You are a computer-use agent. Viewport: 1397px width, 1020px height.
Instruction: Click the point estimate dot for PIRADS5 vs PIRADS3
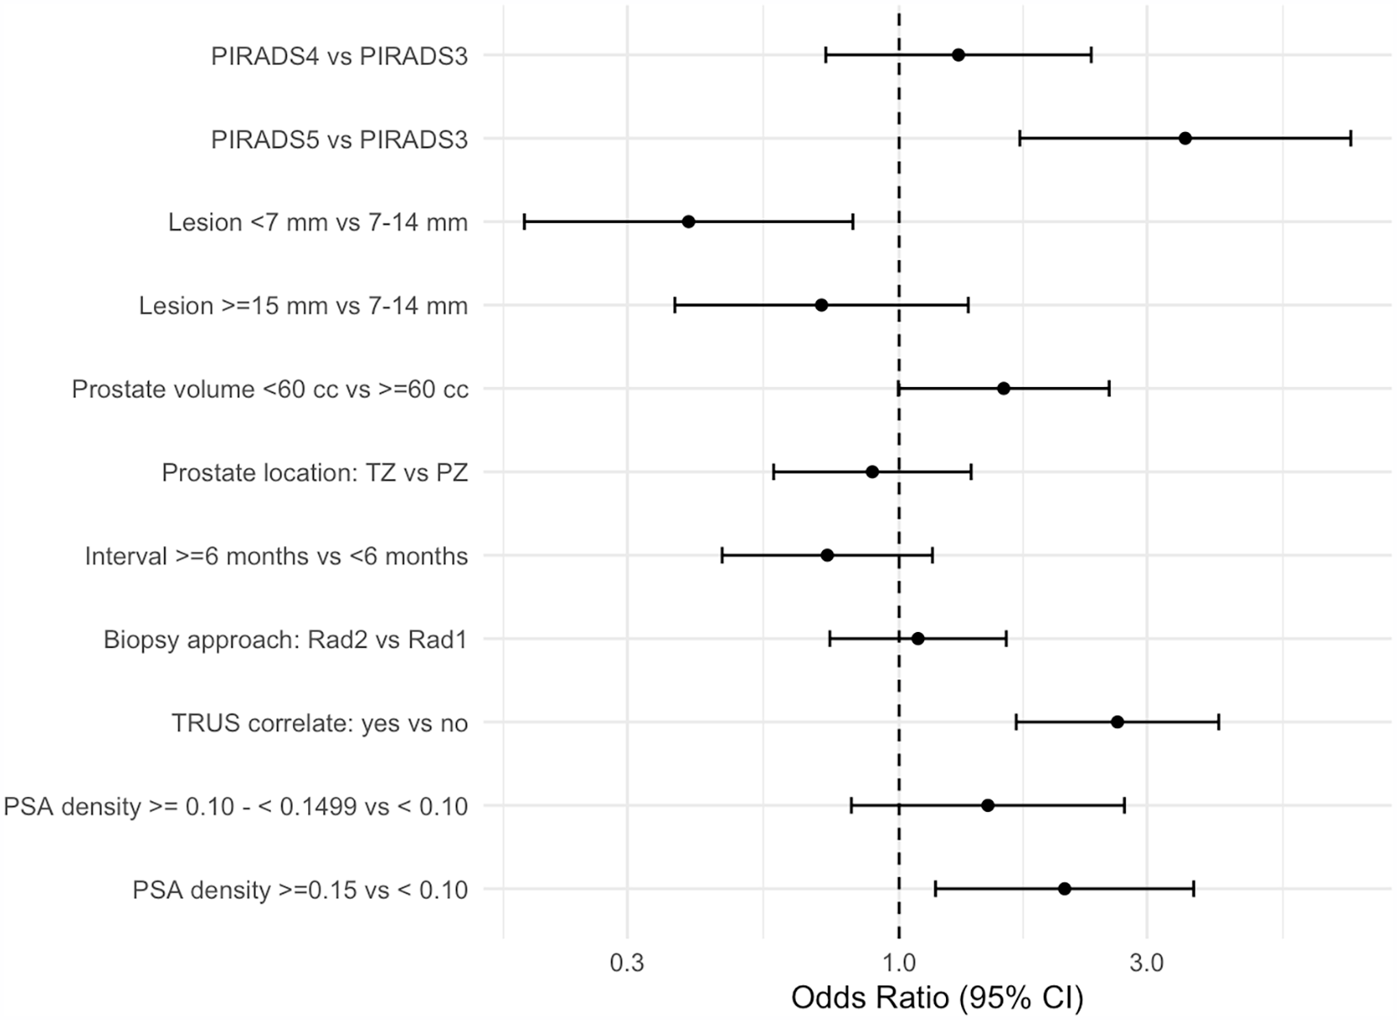tap(1185, 139)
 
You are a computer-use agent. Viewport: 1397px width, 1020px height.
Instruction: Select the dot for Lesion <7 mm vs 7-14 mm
tap(688, 222)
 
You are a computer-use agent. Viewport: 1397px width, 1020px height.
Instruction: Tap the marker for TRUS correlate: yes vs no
tap(1118, 722)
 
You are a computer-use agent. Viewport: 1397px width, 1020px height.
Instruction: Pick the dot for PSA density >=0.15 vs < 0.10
tap(1065, 889)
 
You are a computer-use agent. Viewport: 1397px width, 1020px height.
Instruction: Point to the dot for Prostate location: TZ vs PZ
tap(873, 472)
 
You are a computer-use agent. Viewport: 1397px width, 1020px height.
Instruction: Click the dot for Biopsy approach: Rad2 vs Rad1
tap(917, 639)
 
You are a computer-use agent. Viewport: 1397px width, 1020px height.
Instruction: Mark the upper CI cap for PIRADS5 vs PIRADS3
tap(1351, 139)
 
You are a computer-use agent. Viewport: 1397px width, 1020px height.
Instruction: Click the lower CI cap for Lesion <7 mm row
tap(523, 222)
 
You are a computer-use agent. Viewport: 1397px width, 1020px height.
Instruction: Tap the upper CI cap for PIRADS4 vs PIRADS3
tap(1092, 55)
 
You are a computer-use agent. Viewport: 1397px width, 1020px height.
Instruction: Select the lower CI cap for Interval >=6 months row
tap(722, 555)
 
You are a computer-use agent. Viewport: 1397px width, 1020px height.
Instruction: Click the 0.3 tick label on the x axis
tap(627, 964)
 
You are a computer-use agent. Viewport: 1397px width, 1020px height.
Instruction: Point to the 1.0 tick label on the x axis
tap(899, 964)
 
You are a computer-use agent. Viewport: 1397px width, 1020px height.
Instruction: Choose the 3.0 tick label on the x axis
tap(1147, 964)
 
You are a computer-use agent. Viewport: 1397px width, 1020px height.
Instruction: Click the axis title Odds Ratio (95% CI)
tap(938, 998)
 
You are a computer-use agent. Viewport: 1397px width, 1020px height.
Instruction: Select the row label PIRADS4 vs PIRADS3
tap(339, 56)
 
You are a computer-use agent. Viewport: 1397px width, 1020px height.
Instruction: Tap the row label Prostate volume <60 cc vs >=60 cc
tap(270, 390)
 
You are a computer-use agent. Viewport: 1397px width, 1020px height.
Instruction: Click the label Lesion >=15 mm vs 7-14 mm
tap(303, 306)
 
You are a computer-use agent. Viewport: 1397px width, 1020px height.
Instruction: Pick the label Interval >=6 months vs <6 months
tap(276, 555)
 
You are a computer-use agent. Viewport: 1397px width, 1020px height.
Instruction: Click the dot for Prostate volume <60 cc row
tap(1003, 389)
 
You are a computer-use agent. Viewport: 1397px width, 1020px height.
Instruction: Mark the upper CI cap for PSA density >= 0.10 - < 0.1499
tap(1124, 805)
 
